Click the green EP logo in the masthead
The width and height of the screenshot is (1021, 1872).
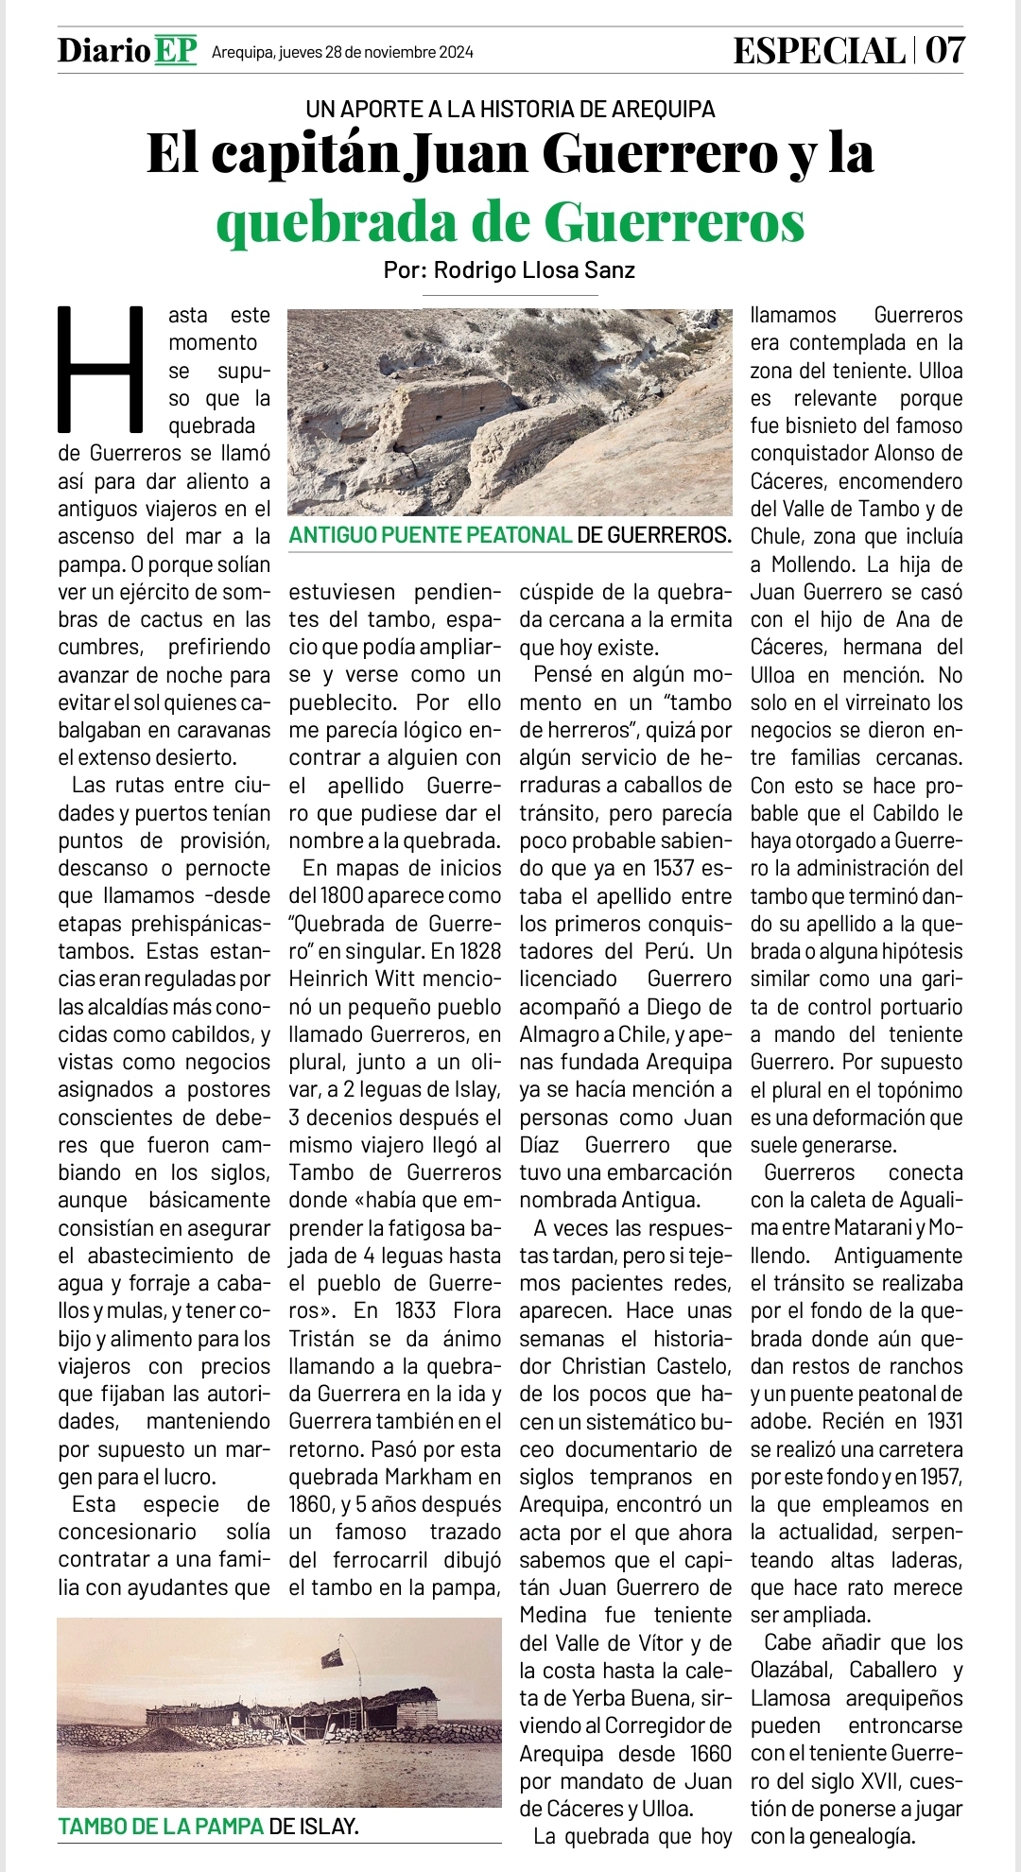(175, 50)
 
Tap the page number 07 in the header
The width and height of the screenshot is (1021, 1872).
(944, 50)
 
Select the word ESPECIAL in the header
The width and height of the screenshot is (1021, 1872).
(819, 50)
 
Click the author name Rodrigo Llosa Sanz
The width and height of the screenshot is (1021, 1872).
(534, 270)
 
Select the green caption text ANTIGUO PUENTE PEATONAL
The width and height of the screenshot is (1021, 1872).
(430, 535)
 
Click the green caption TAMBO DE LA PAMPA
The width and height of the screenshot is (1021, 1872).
(161, 1826)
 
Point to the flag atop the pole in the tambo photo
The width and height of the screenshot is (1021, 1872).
(332, 1657)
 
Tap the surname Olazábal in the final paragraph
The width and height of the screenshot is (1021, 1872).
(792, 1670)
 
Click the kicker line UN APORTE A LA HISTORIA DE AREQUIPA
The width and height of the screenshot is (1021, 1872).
(510, 109)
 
